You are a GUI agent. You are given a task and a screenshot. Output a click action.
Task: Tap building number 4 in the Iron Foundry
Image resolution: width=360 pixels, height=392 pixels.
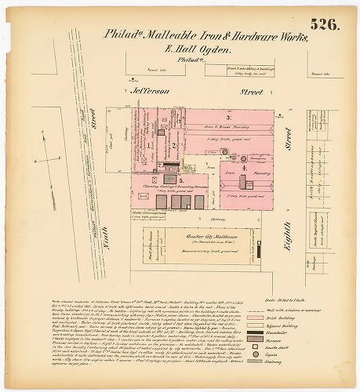(244, 168)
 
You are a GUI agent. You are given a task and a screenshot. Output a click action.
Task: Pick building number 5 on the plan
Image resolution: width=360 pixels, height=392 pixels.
(180, 180)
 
